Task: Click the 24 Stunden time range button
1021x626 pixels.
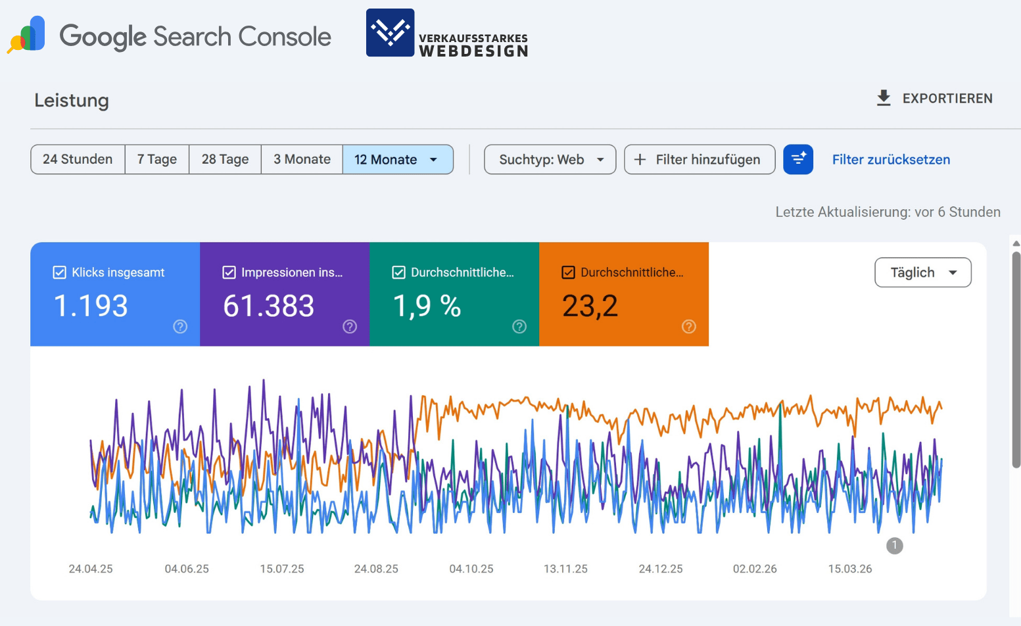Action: click(78, 160)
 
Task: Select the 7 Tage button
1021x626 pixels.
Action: click(157, 160)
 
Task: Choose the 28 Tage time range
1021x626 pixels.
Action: click(225, 160)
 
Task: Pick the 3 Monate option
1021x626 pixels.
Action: click(302, 160)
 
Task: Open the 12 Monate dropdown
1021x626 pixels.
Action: click(397, 160)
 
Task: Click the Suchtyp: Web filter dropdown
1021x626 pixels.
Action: click(550, 160)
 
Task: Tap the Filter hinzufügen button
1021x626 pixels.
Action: click(699, 160)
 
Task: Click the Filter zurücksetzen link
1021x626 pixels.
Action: click(891, 160)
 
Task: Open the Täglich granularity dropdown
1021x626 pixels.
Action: click(922, 272)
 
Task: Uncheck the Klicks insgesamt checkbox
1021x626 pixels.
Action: click(59, 272)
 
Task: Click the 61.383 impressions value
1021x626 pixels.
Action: click(268, 306)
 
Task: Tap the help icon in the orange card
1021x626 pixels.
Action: click(688, 327)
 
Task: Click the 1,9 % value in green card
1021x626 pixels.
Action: click(427, 306)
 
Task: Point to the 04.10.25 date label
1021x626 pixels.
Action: click(471, 569)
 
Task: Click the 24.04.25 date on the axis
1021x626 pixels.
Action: click(91, 569)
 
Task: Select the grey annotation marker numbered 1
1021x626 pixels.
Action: click(894, 545)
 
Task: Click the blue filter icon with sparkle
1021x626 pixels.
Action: click(798, 160)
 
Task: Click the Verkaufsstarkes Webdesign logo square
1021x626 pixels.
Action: click(391, 33)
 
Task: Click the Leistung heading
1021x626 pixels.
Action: click(72, 101)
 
